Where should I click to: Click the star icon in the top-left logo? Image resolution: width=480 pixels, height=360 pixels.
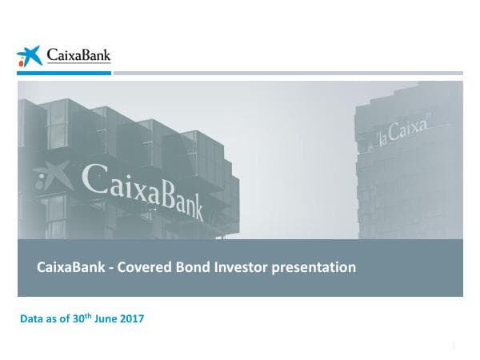point(29,56)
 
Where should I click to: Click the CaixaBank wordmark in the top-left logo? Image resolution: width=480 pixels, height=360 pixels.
point(78,56)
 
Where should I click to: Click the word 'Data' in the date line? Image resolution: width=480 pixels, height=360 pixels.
point(33,319)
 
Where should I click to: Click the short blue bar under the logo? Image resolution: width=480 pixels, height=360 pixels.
point(64,73)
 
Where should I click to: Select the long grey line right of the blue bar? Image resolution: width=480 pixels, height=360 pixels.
point(288,73)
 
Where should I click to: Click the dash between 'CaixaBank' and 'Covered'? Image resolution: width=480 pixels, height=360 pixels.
point(110,268)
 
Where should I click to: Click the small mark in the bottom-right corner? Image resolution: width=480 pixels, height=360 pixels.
point(454,346)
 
